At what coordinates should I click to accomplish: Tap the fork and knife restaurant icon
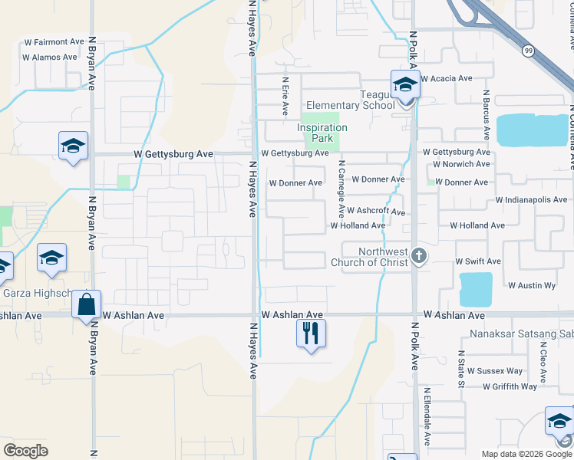[311, 333]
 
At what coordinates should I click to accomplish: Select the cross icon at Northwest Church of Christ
[418, 255]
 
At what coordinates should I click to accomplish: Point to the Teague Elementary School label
[350, 100]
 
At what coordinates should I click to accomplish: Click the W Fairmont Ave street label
[54, 41]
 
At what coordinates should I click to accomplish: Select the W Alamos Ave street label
[50, 57]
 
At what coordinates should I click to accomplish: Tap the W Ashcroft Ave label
[375, 210]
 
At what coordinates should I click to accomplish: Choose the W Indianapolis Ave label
[531, 199]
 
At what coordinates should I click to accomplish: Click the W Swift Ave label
[478, 261]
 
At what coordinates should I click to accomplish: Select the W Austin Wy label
[532, 285]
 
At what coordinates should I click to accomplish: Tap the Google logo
[25, 450]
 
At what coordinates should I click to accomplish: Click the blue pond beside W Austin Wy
[476, 290]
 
